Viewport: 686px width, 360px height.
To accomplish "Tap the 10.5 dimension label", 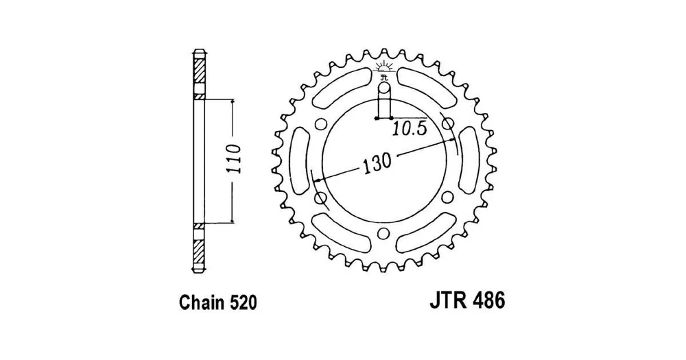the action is point(409,129).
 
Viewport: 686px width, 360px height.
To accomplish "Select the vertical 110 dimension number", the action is point(235,158).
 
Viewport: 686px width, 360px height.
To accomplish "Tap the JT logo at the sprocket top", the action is point(383,71).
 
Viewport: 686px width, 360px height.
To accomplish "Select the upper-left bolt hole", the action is point(320,124).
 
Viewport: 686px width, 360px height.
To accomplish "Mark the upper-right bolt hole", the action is point(447,124).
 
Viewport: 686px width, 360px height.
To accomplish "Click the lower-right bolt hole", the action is point(447,197).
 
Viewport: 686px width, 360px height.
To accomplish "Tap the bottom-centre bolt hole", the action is point(383,234).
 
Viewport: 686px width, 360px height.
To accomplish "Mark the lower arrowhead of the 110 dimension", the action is point(233,220).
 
